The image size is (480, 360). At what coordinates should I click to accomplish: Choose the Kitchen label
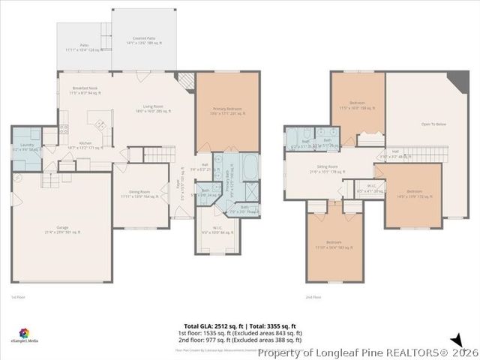(x=85, y=145)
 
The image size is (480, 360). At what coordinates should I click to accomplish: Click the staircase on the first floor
(x=159, y=154)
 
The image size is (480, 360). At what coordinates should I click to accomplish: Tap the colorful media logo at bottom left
(x=24, y=332)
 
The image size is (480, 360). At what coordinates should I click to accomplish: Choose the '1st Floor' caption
(x=17, y=298)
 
